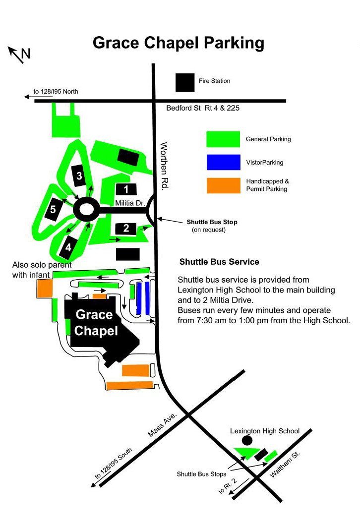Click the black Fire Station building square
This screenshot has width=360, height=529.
pyautogui.click(x=185, y=83)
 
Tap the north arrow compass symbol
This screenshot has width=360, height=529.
pyautogui.click(x=19, y=55)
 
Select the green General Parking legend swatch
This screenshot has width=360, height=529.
pyautogui.click(x=223, y=139)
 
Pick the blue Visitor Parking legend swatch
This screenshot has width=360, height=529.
pyautogui.click(x=223, y=162)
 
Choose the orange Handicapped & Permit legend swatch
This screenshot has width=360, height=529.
pyautogui.click(x=223, y=185)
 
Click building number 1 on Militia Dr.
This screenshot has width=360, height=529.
pyautogui.click(x=126, y=189)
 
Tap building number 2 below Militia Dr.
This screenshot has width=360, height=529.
pyautogui.click(x=126, y=229)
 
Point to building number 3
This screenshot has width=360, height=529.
pyautogui.click(x=79, y=176)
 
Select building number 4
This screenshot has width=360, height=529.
pyautogui.click(x=68, y=248)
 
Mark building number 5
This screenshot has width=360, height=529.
pyautogui.click(x=53, y=210)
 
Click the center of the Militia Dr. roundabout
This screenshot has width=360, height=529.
pyautogui.click(x=86, y=210)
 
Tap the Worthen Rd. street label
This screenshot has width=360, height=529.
pyautogui.click(x=164, y=166)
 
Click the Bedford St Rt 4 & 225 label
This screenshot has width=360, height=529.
pyautogui.click(x=203, y=108)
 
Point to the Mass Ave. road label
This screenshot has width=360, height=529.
pyautogui.click(x=162, y=425)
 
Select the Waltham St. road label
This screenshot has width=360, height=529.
pyautogui.click(x=285, y=464)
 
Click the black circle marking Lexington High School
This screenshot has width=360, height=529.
pyautogui.click(x=247, y=440)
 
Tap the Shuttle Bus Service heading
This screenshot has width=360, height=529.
pyautogui.click(x=219, y=262)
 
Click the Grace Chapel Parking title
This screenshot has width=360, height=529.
pyautogui.click(x=179, y=43)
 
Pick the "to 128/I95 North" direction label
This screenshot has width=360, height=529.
pyautogui.click(x=56, y=91)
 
